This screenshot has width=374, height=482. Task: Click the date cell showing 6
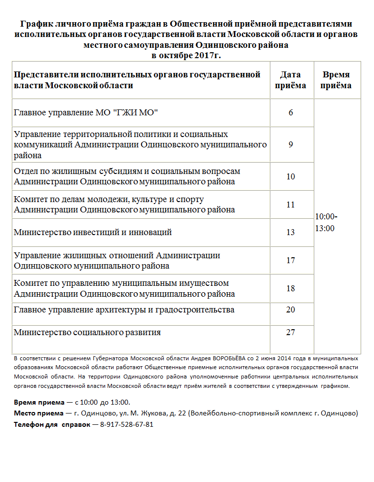tap(291, 112)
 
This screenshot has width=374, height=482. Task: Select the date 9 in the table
tap(291, 145)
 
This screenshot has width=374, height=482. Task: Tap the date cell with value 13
tap(291, 232)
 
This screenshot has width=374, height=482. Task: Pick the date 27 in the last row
tap(291, 332)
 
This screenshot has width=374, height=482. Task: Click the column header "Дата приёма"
tap(291, 80)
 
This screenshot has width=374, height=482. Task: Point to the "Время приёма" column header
tap(336, 80)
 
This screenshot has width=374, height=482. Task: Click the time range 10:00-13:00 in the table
tap(326, 222)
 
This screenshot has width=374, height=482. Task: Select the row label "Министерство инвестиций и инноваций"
tap(93, 232)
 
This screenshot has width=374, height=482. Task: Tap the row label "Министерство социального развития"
tap(87, 332)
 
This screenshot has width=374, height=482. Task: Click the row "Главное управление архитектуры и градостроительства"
tap(124, 310)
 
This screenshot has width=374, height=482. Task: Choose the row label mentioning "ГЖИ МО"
tap(86, 112)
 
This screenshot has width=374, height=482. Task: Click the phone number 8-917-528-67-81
tap(127, 424)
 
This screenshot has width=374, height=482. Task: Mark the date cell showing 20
tap(291, 310)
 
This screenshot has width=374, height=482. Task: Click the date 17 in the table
tap(291, 260)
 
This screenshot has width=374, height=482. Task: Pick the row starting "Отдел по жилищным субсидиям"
tap(127, 176)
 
